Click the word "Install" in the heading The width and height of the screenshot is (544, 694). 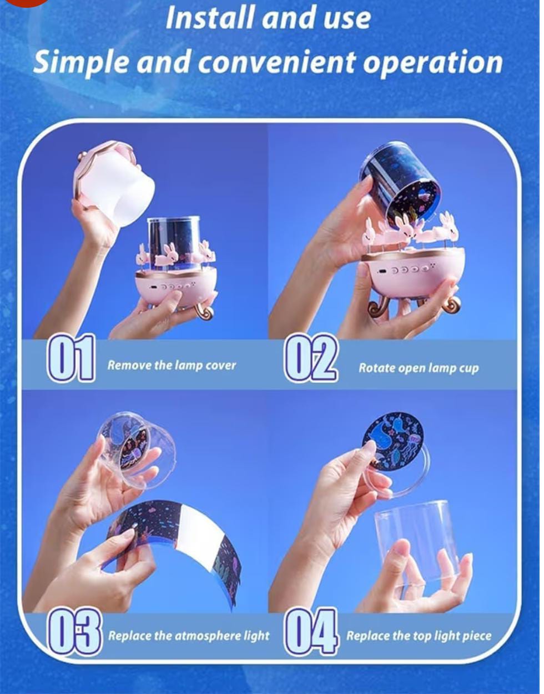click(210, 18)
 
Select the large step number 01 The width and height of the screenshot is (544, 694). click(71, 358)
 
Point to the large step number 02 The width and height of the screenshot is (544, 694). click(311, 358)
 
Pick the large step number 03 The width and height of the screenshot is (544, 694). click(74, 635)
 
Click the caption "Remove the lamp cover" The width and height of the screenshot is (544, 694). click(172, 366)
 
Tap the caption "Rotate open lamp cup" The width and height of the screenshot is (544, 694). click(419, 368)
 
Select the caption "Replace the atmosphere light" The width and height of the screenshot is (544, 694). click(189, 636)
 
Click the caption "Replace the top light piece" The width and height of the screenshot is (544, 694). click(419, 636)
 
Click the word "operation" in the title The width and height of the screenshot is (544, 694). click(432, 62)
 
